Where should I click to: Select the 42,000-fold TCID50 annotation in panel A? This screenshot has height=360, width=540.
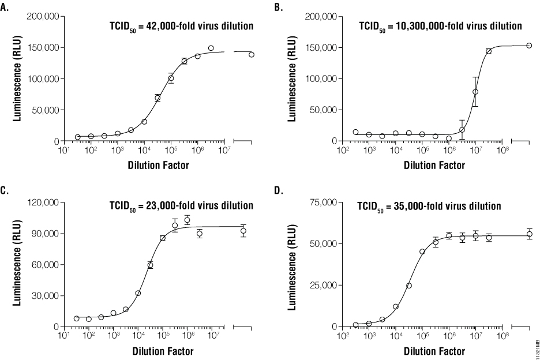pyautogui.click(x=182, y=27)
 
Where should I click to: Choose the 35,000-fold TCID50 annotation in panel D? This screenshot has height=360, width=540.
pyautogui.click(x=436, y=206)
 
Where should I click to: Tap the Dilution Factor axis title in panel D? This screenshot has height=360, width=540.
pyautogui.click(x=433, y=351)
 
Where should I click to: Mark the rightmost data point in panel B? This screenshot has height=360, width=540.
pyautogui.click(x=529, y=46)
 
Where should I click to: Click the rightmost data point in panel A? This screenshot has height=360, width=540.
pyautogui.click(x=252, y=55)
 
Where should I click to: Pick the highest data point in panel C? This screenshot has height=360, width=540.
pyautogui.click(x=187, y=220)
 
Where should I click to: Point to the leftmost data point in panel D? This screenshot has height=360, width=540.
pyautogui.click(x=356, y=325)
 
